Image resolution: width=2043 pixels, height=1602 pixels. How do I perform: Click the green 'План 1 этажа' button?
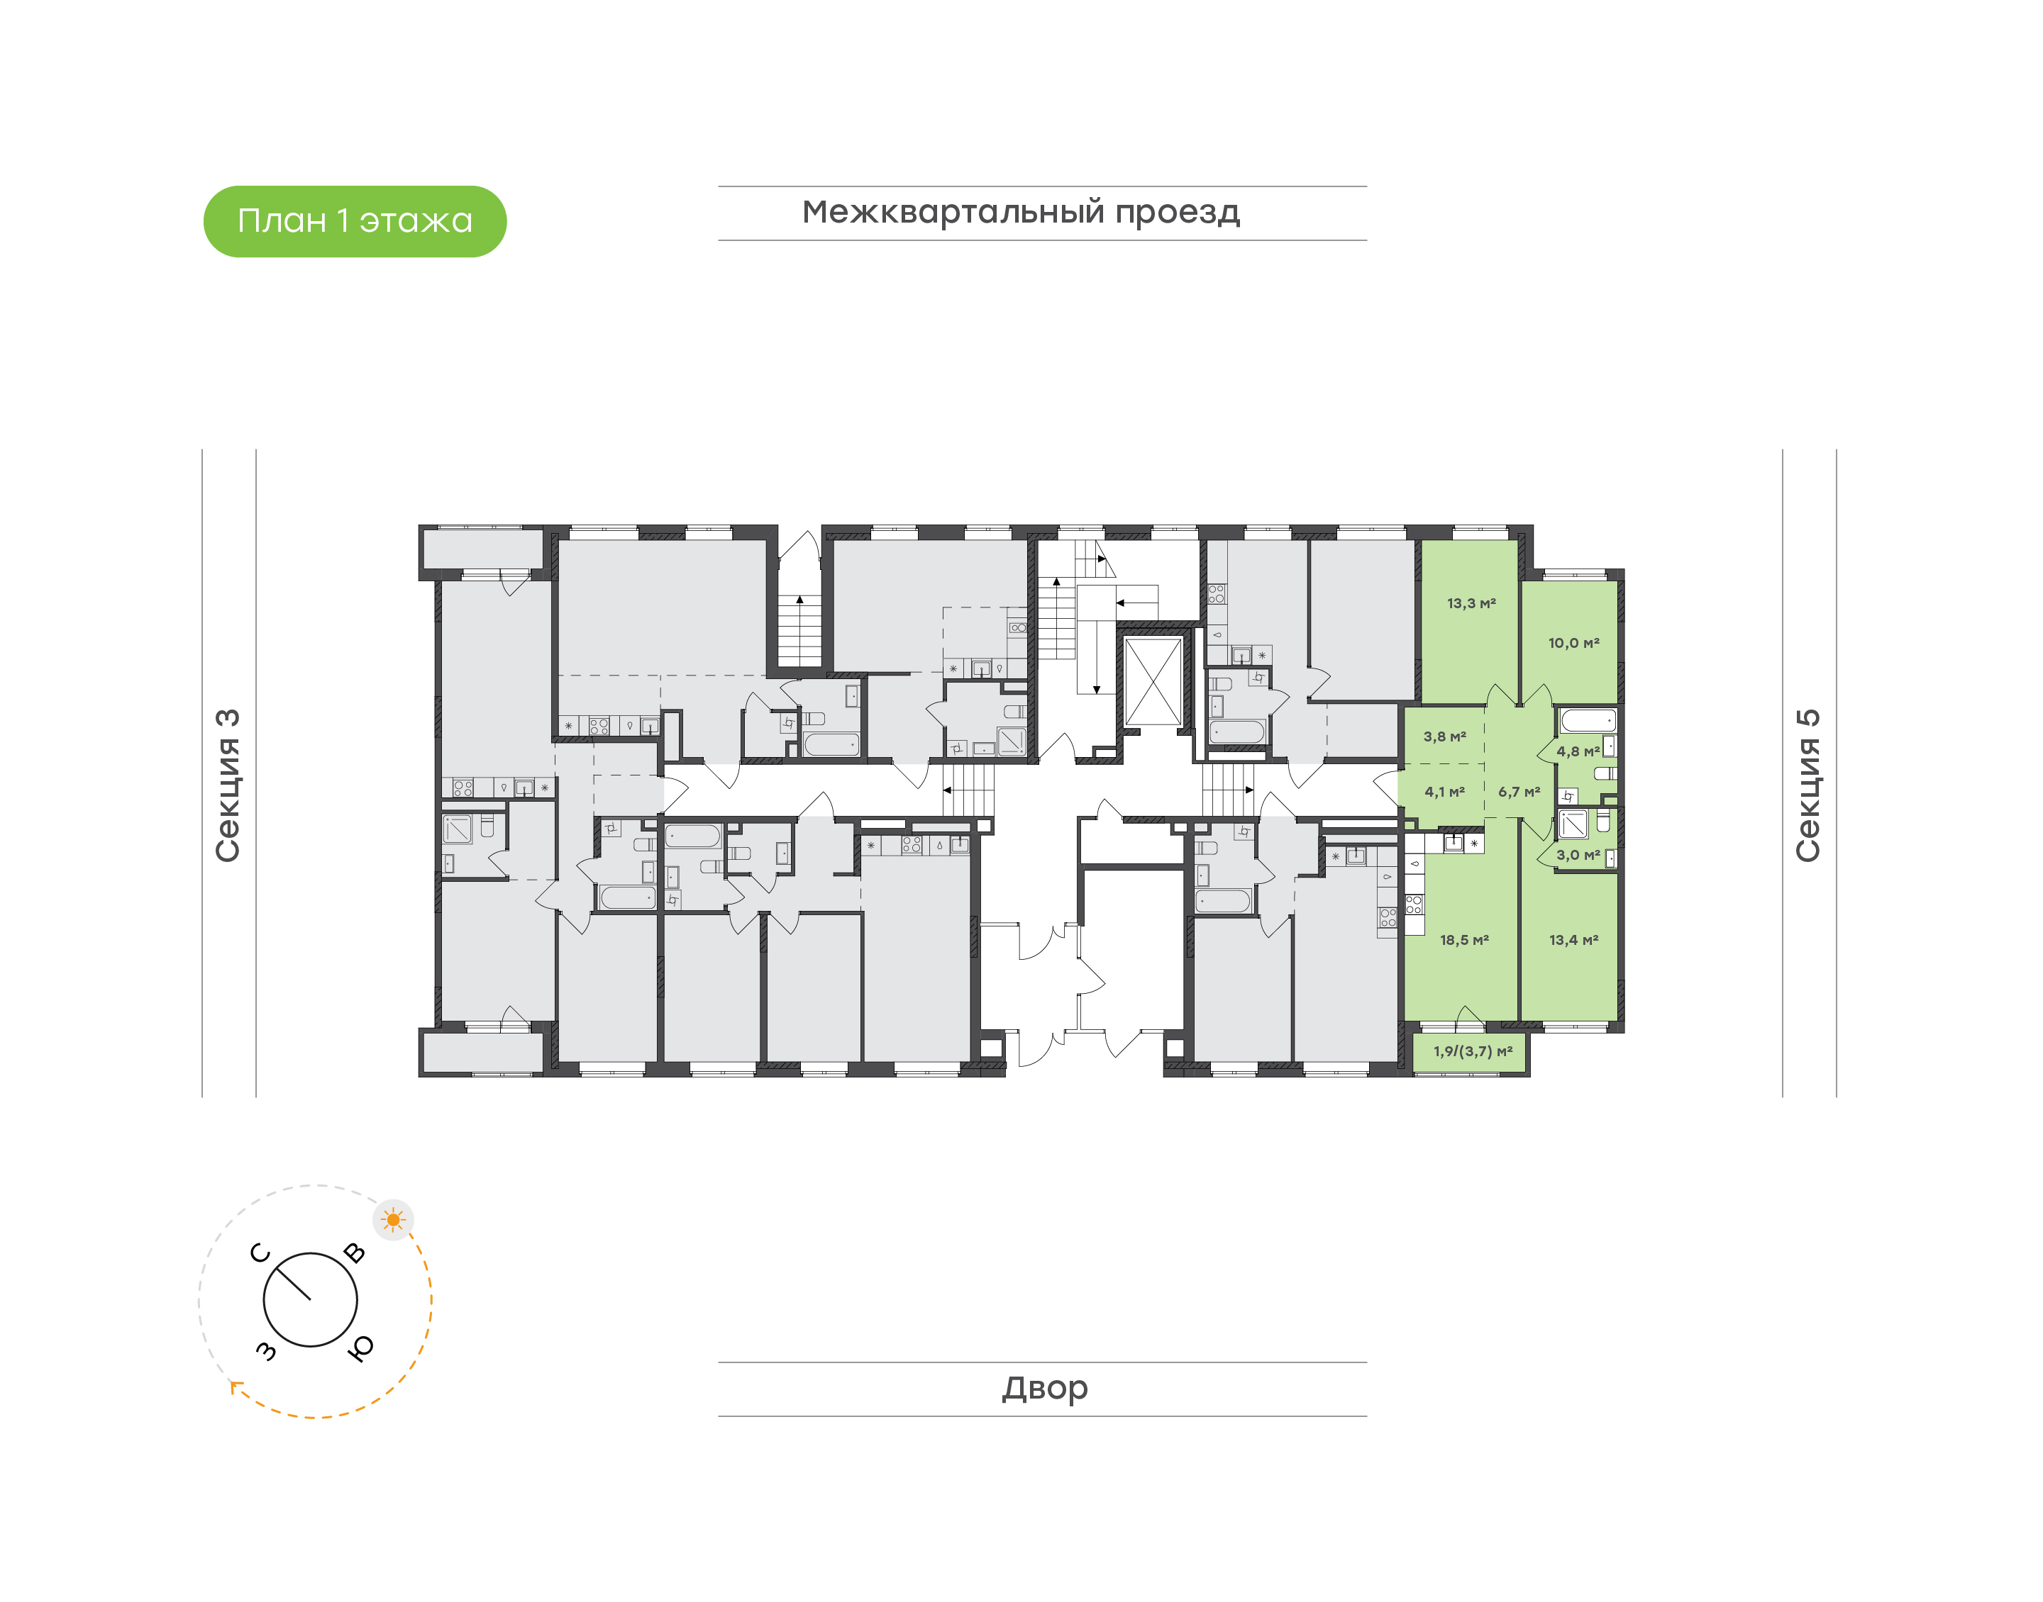(x=355, y=221)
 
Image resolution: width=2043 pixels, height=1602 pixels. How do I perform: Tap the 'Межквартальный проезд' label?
(x=1020, y=213)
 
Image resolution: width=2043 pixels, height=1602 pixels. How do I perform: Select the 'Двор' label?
(x=1044, y=1388)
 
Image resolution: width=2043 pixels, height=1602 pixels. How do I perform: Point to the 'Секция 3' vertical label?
(x=228, y=785)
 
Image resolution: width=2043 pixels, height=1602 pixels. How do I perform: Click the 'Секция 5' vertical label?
(x=1807, y=785)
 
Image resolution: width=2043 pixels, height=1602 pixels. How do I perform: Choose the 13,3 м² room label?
(x=1471, y=603)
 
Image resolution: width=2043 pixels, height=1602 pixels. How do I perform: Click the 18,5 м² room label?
(x=1464, y=940)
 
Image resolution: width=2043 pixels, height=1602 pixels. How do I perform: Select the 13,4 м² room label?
(x=1574, y=940)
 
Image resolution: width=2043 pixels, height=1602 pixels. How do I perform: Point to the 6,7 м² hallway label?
(x=1518, y=792)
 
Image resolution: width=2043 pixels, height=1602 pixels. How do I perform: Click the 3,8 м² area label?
(x=1444, y=737)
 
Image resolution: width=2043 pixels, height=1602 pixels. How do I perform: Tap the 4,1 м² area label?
(x=1444, y=792)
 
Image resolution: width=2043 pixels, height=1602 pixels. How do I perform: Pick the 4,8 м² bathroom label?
(x=1578, y=751)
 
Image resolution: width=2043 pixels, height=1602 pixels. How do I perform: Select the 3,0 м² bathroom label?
(x=1578, y=856)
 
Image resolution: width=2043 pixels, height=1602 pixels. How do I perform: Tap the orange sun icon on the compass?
(x=393, y=1220)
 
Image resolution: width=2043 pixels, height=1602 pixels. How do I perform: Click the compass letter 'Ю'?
(x=360, y=1348)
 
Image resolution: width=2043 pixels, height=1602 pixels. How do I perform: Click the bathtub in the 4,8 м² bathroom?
(x=1588, y=720)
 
